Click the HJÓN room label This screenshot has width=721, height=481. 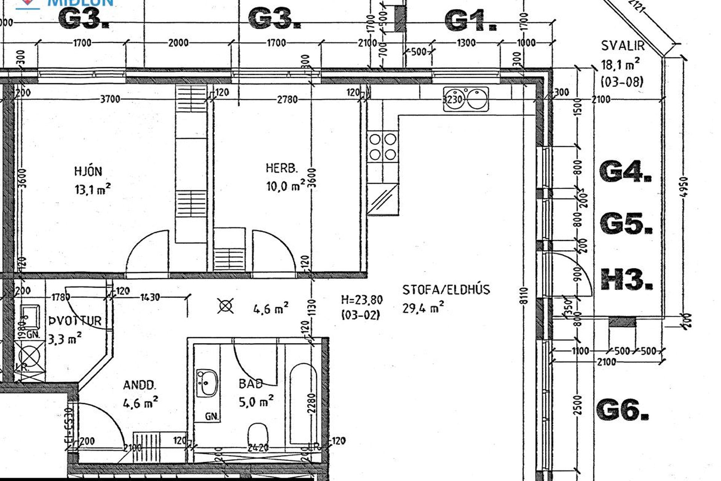pos(88,171)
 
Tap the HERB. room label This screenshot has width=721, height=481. pos(282,168)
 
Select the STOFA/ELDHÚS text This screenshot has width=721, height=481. pos(446,290)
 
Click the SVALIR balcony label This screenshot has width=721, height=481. pos(623,46)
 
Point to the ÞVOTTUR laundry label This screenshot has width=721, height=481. pos(75,321)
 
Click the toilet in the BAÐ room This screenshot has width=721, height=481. pos(258,434)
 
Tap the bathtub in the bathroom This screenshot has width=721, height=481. pos(303,402)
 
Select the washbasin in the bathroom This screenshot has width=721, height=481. pos(207,383)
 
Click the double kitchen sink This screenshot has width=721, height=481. pos(466,99)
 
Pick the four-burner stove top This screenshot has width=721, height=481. pos(383,147)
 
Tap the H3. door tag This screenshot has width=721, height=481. pos(626,280)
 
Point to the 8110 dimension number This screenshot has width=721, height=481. pos(525,295)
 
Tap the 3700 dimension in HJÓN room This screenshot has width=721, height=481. pos(110,99)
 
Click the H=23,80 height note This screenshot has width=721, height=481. pos(362,300)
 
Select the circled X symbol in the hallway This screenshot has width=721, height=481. pos(226,306)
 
